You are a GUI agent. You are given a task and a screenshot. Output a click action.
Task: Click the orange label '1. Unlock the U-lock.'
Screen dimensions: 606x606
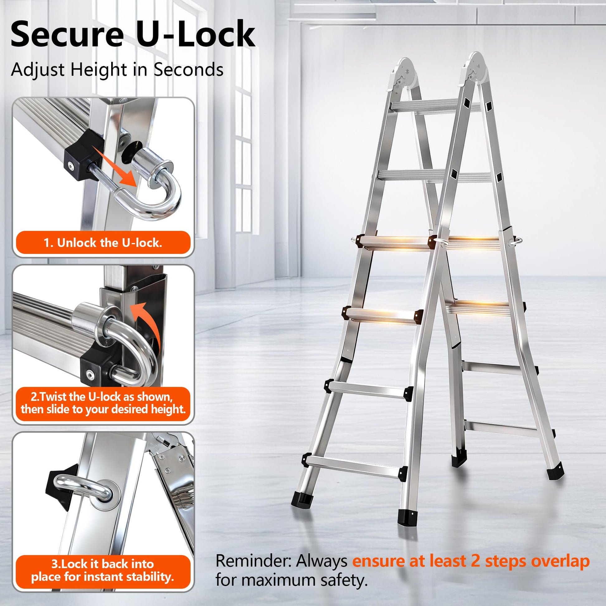[103, 243]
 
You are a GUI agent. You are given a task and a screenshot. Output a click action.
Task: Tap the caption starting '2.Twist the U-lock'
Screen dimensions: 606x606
[103, 403]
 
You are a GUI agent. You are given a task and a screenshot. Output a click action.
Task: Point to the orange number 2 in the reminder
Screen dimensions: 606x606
[476, 561]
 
